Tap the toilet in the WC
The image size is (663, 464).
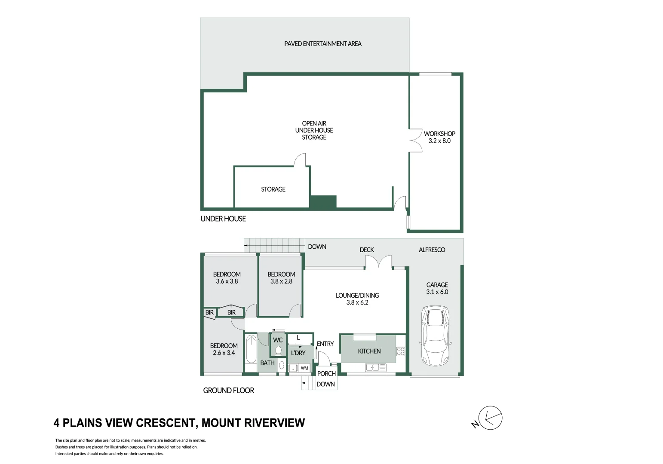(x=278, y=351)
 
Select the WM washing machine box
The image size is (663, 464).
(x=304, y=368)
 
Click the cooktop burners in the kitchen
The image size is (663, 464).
(x=401, y=351)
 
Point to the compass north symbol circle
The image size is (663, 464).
(x=490, y=418)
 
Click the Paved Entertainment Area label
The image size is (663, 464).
(x=322, y=44)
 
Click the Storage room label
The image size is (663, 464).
(x=273, y=189)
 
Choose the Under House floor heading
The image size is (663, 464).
(x=223, y=219)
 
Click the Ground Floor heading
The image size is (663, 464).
(x=228, y=391)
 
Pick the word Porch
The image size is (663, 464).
(x=326, y=373)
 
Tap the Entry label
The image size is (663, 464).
(x=325, y=344)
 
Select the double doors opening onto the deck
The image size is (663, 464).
(x=379, y=262)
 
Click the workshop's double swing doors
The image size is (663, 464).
(x=416, y=140)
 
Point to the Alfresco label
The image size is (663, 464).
(x=432, y=250)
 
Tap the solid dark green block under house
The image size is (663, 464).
(x=323, y=202)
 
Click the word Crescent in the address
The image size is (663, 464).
(x=167, y=423)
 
